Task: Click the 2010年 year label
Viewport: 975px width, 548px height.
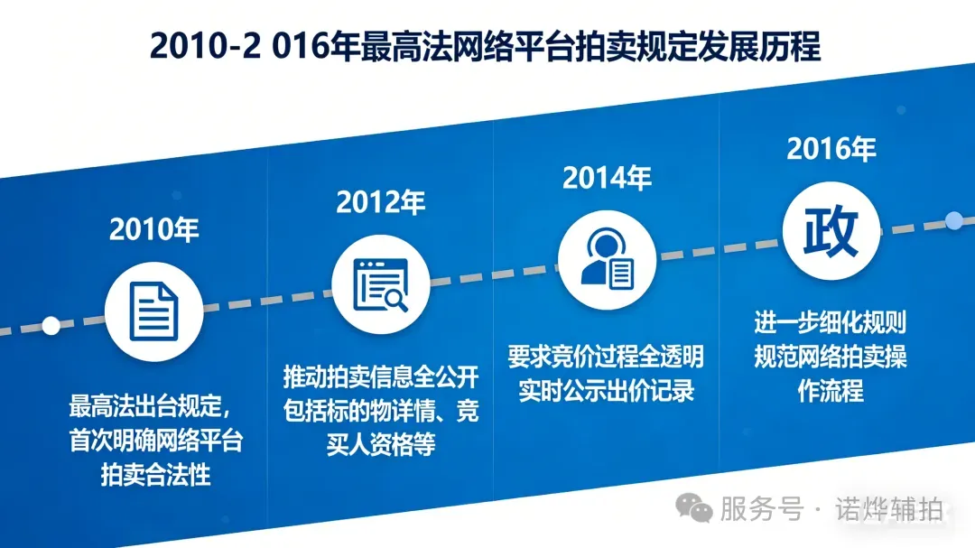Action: click(x=153, y=229)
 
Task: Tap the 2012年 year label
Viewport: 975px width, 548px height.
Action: click(x=380, y=203)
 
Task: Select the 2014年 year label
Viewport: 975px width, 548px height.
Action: click(x=607, y=178)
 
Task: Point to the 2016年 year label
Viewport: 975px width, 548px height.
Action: click(x=831, y=149)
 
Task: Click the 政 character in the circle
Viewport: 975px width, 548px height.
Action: click(x=831, y=231)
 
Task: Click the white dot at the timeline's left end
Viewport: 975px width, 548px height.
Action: click(x=51, y=325)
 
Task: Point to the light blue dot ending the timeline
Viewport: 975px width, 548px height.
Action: click(x=953, y=219)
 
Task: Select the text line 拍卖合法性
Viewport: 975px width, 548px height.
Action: click(x=155, y=474)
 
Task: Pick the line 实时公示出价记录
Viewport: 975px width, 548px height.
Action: click(x=606, y=391)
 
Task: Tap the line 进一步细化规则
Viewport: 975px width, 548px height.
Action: click(x=831, y=322)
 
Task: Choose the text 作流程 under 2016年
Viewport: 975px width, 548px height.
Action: click(x=831, y=391)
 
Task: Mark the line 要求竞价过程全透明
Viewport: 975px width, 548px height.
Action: click(x=606, y=356)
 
